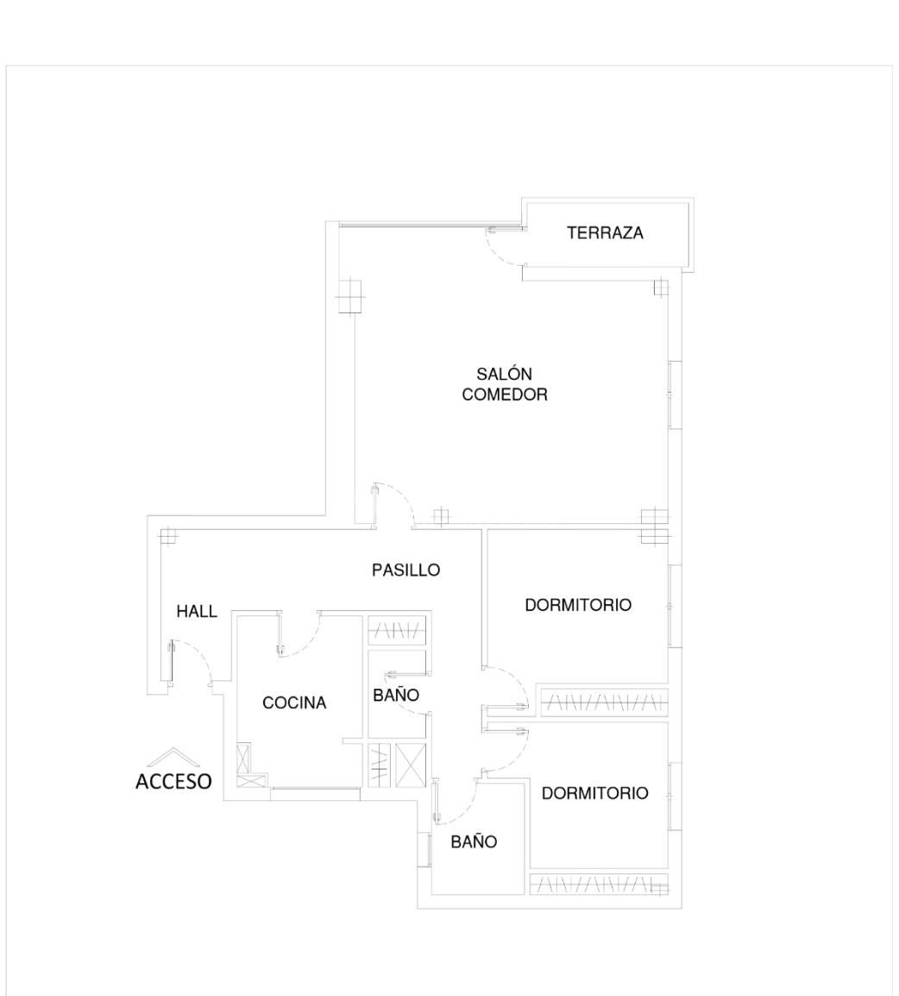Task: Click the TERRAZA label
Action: pos(605,233)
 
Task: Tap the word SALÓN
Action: pos(505,375)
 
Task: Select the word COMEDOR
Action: pos(505,395)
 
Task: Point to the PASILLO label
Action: pos(405,570)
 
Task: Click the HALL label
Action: pos(197,612)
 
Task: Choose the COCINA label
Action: pos(294,703)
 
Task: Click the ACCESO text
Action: pos(173,782)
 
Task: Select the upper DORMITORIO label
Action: pos(578,606)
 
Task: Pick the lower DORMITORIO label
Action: pos(594,794)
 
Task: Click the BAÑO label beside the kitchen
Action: pos(396,696)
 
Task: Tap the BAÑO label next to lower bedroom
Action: pos(474,842)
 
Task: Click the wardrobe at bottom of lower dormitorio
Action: pos(597,885)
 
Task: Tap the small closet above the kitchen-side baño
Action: pos(398,632)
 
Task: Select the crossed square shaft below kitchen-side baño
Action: pos(411,765)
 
